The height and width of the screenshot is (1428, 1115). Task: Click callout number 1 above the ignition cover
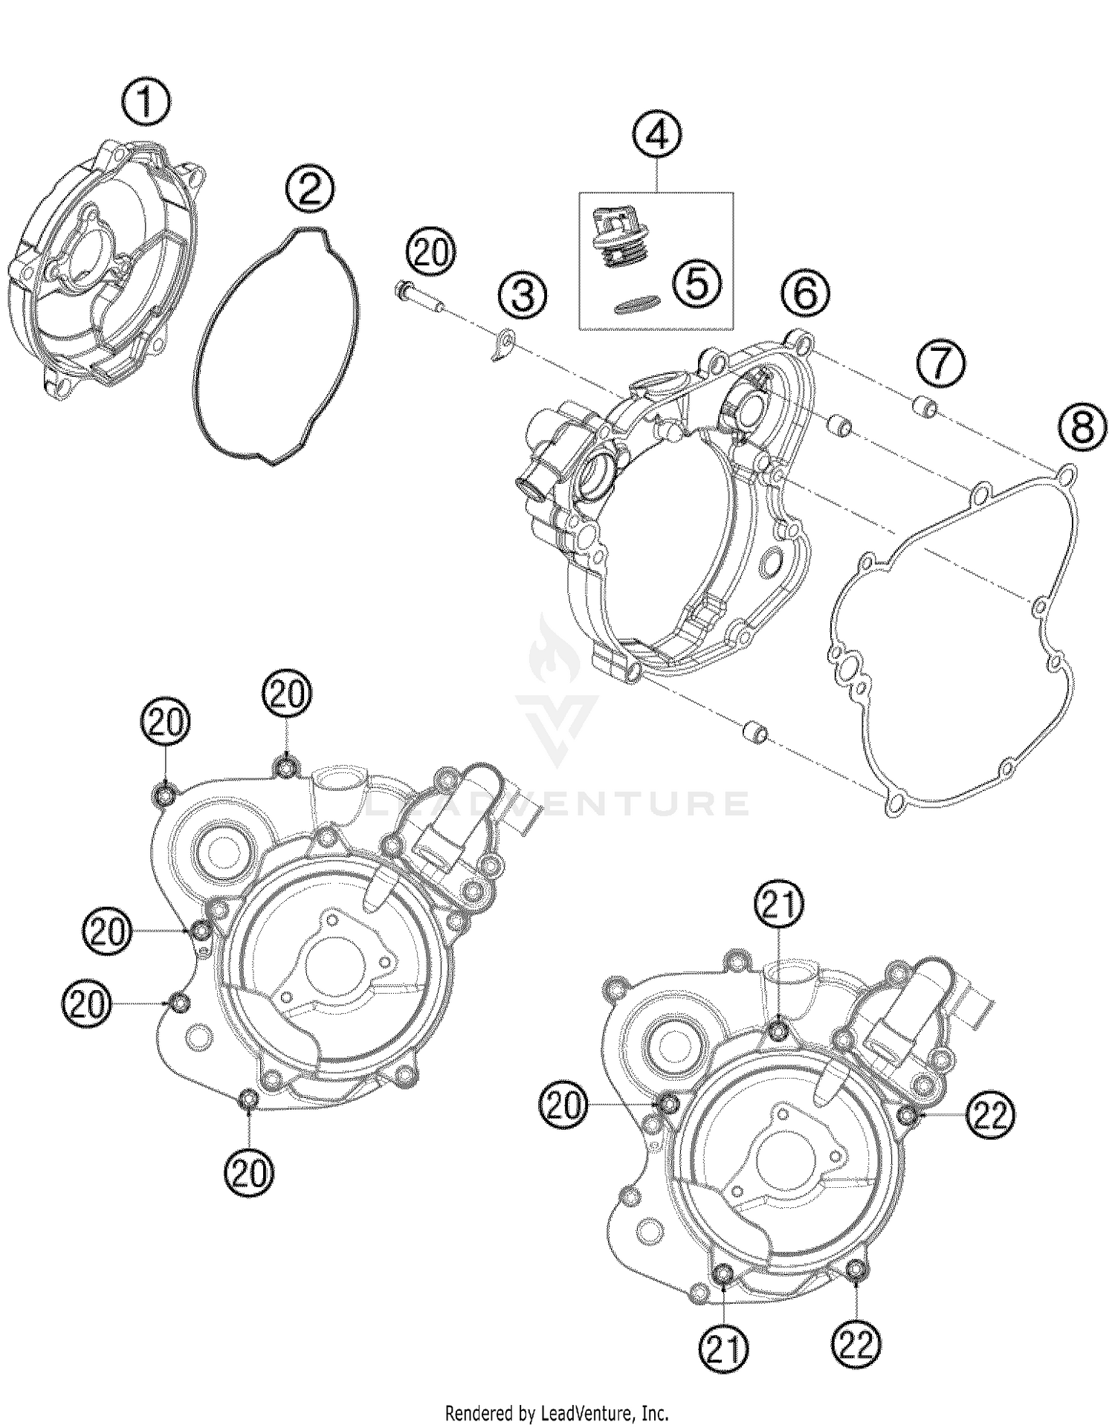pos(146,103)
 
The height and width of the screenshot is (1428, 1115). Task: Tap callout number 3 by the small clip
pos(523,295)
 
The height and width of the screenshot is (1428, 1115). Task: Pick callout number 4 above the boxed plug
pos(657,135)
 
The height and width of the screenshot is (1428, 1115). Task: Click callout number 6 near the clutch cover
pos(806,293)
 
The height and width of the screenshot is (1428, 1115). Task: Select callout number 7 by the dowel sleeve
pos(940,365)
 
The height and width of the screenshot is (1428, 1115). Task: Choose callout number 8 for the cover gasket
pos(1083,429)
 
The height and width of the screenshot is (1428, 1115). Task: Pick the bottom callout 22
pos(856,1344)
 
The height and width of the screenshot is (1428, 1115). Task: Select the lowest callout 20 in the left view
pos(249,1175)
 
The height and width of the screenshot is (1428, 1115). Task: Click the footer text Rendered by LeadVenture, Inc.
pos(557,1412)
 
